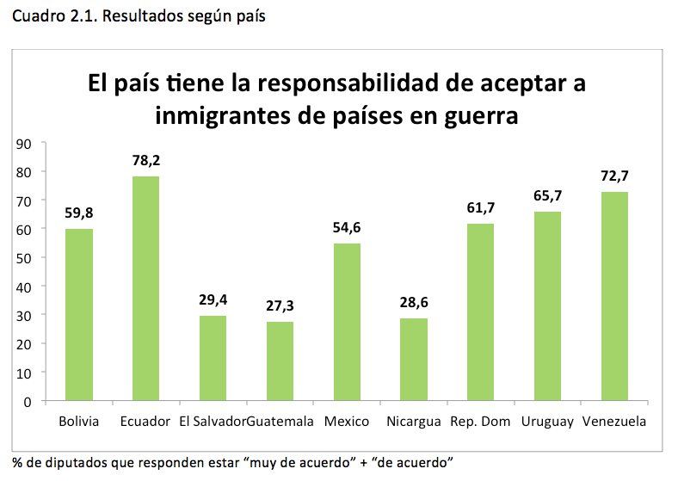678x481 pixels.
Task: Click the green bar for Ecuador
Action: pyautogui.click(x=145, y=288)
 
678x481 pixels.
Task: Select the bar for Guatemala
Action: pyautogui.click(x=280, y=361)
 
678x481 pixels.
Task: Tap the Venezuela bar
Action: pyautogui.click(x=614, y=296)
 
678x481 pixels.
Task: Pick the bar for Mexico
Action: pyautogui.click(x=347, y=322)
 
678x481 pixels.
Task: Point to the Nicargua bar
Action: pyautogui.click(x=414, y=360)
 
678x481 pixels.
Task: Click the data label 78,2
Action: pyautogui.click(x=145, y=160)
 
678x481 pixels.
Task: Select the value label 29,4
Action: pyautogui.click(x=213, y=300)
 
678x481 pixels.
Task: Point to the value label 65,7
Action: pyautogui.click(x=547, y=196)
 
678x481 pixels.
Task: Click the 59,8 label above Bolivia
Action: pyautogui.click(x=79, y=213)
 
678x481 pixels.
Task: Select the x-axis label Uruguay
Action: pyautogui.click(x=547, y=422)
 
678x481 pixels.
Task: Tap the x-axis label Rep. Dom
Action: pyautogui.click(x=480, y=422)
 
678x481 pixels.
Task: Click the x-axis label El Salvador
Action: pyautogui.click(x=213, y=422)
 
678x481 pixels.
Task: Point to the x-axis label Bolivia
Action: pyautogui.click(x=79, y=422)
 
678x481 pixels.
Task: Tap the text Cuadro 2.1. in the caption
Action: pyautogui.click(x=52, y=16)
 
